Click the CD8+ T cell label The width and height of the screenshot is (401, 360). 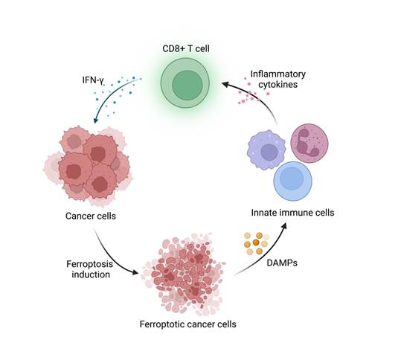point(186,49)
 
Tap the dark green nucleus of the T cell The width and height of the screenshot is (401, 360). point(186,87)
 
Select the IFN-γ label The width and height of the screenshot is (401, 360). point(96,78)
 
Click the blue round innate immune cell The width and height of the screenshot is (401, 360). point(299,179)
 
